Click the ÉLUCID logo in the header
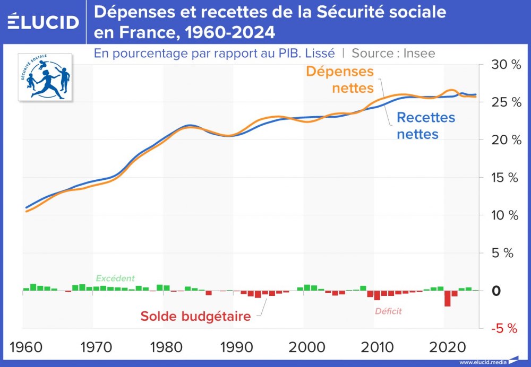[44, 22]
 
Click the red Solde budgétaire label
[195, 317]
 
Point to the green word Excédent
[115, 278]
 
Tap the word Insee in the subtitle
[419, 53]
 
